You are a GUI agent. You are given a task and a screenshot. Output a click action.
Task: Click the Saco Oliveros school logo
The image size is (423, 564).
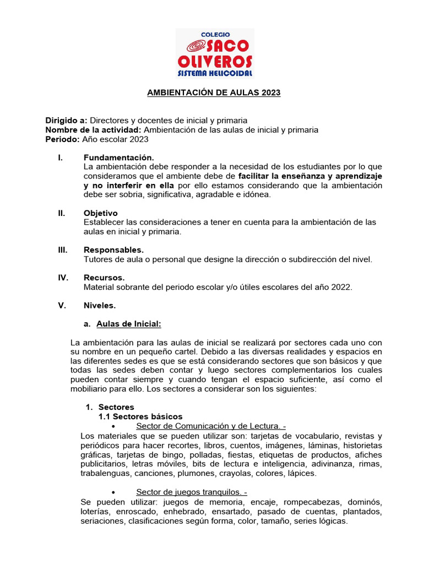pos(214,53)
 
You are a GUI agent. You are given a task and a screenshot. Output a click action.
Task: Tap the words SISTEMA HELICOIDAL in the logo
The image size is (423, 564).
pos(215,73)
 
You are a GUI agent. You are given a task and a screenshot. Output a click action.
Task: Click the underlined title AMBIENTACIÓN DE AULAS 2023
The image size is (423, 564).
pos(214,93)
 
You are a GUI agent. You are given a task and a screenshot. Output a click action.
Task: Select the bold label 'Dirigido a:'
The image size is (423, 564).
pos(66,120)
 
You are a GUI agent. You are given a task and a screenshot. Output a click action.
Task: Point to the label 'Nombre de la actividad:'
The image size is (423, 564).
pos(93,130)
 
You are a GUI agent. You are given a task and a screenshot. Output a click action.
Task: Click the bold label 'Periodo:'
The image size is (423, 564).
pos(62,139)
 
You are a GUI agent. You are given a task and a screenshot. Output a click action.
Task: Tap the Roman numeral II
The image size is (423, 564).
pos(62,213)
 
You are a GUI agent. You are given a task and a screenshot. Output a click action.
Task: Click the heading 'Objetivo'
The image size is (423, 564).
pos(100,213)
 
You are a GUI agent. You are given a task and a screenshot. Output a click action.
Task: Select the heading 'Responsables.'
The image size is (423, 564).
pos(113,250)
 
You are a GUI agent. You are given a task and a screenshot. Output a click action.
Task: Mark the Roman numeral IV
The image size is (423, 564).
pos(63,278)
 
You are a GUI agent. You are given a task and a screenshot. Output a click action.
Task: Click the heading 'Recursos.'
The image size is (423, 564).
pos(104,278)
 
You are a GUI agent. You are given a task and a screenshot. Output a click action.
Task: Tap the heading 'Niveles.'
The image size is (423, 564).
pos(100,305)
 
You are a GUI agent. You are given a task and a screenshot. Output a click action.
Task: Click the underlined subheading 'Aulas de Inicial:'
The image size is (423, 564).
pos(128,324)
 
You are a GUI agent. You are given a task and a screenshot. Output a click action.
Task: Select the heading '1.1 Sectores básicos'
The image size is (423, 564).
pos(140,416)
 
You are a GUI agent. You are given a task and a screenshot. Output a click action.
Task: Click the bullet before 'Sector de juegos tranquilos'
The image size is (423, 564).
pos(113,492)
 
